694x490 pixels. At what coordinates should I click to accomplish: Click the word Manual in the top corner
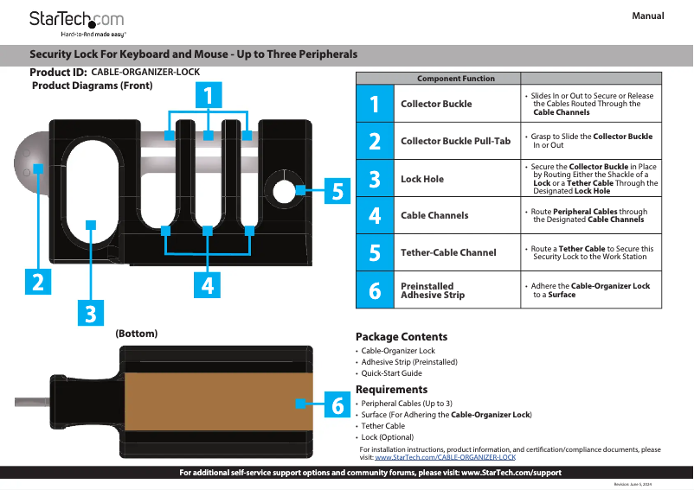click(x=647, y=16)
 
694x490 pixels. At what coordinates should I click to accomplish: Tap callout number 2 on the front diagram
click(x=36, y=282)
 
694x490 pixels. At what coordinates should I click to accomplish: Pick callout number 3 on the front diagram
click(x=90, y=312)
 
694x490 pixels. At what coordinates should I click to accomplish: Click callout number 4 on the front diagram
click(x=208, y=284)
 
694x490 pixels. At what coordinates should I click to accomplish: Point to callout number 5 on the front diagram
click(x=337, y=192)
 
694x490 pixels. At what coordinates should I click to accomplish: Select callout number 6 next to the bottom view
click(x=337, y=404)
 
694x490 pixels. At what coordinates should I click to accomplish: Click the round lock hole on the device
click(x=281, y=188)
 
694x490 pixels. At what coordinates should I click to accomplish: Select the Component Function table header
click(x=456, y=79)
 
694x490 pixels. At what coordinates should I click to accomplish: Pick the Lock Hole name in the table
click(x=422, y=179)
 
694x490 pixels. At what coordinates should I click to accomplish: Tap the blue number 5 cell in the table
click(x=374, y=252)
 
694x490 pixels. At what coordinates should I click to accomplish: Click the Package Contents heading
click(x=402, y=336)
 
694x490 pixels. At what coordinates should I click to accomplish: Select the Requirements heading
click(x=391, y=389)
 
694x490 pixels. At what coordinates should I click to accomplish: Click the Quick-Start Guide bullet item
click(x=391, y=373)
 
